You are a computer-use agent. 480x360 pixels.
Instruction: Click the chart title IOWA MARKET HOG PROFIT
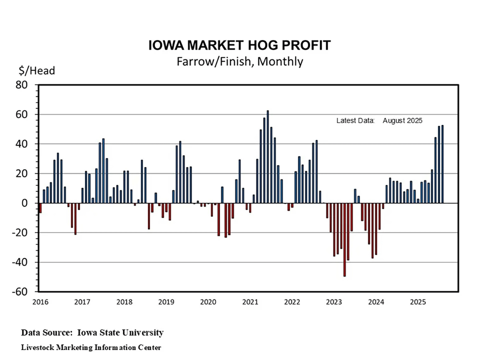click(240, 45)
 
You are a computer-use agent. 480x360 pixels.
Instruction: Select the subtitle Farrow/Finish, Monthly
click(240, 61)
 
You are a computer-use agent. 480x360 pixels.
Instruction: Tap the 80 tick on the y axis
click(27, 85)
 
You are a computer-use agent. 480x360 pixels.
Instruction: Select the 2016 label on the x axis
click(40, 301)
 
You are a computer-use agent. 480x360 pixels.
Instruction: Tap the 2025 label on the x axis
click(418, 301)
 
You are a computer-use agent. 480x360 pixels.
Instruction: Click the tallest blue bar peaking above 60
click(267, 156)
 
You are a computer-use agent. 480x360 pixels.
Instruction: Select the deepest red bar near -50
click(345, 240)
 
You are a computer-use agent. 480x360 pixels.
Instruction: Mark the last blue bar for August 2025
click(442, 164)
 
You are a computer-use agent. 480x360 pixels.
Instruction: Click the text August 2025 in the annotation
click(402, 121)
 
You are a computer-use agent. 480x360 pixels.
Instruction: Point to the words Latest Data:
click(356, 121)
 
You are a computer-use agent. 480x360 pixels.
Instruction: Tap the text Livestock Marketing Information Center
click(91, 347)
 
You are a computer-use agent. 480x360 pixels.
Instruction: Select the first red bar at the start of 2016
click(40, 207)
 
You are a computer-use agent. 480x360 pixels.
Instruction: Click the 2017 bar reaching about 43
click(103, 171)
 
